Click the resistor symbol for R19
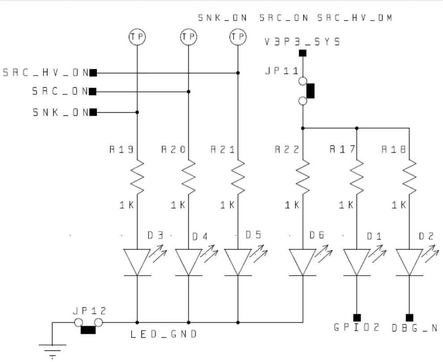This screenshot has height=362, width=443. pyautogui.click(x=137, y=176)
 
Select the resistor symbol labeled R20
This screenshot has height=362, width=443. pyautogui.click(x=188, y=176)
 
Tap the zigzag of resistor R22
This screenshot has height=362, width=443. pyautogui.click(x=303, y=176)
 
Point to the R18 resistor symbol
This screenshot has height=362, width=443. pyautogui.click(x=409, y=176)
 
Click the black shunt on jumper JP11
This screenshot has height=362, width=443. pyautogui.click(x=310, y=91)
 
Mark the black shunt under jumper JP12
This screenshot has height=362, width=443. pyautogui.click(x=88, y=330)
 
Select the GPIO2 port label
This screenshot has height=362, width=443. pyautogui.click(x=357, y=328)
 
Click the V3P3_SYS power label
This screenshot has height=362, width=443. pyautogui.click(x=302, y=42)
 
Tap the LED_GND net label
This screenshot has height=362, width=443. pyautogui.click(x=163, y=334)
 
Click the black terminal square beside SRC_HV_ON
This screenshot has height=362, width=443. pyautogui.click(x=93, y=72)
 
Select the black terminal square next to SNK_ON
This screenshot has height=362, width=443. pyautogui.click(x=93, y=112)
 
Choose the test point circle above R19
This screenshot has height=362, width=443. pyautogui.click(x=137, y=37)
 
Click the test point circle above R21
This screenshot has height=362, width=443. pyautogui.click(x=238, y=37)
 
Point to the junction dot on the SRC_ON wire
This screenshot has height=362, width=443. pyautogui.click(x=188, y=92)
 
